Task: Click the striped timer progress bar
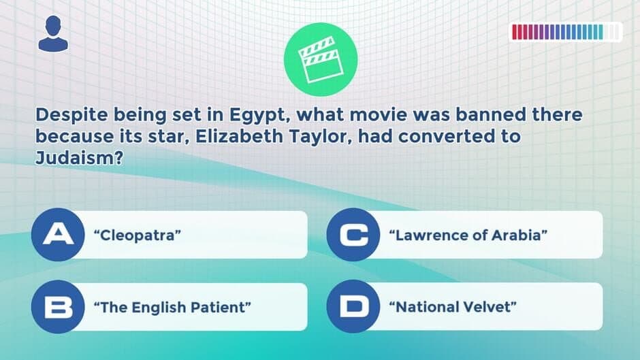click(566, 32)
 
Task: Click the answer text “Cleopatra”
click(140, 235)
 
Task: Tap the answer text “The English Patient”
click(172, 307)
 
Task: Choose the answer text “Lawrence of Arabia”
click(468, 235)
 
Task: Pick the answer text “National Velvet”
click(451, 307)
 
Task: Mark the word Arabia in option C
click(525, 235)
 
